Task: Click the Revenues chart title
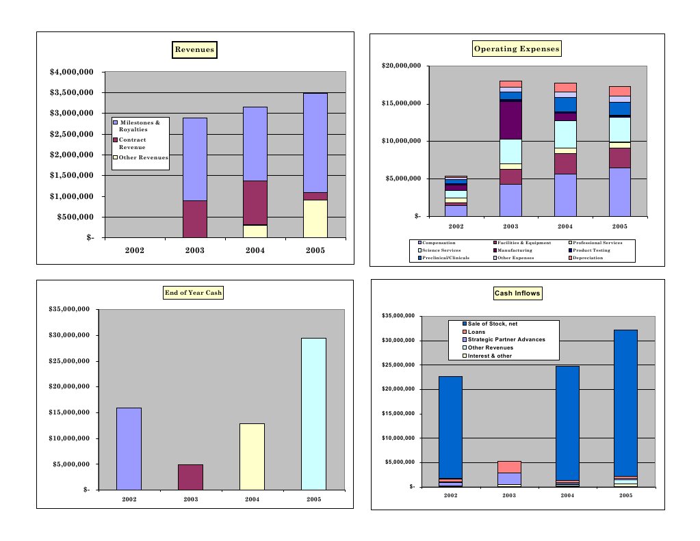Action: (x=194, y=49)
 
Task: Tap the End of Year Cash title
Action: (x=194, y=293)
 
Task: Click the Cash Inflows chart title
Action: (x=517, y=293)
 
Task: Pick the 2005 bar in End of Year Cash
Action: (x=313, y=414)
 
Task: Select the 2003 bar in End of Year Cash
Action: (x=190, y=477)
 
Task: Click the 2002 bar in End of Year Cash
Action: (x=129, y=449)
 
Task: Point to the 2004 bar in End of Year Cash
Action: (x=252, y=456)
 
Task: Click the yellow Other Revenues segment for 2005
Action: (x=315, y=219)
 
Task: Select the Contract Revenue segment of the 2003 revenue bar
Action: (x=195, y=219)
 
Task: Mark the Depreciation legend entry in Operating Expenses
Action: (x=585, y=258)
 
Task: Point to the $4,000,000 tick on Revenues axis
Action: (x=71, y=72)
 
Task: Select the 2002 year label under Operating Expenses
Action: (x=456, y=226)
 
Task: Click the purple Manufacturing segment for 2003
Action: (x=510, y=120)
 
